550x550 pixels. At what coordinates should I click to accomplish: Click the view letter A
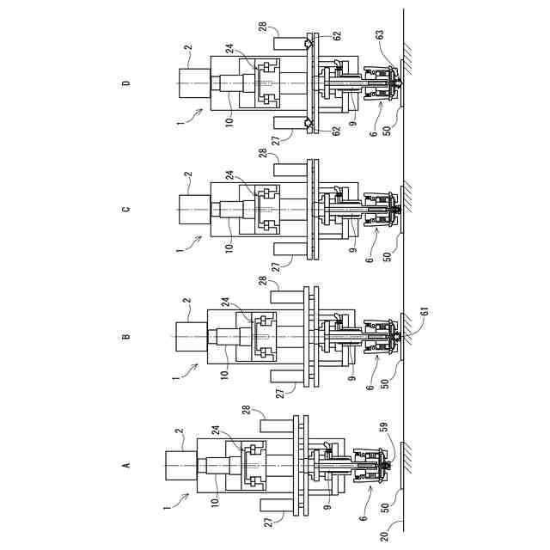pos(126,465)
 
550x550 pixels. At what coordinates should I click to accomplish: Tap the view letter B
pos(126,337)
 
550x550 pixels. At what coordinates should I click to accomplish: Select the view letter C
pos(126,210)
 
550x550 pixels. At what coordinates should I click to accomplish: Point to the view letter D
pos(126,83)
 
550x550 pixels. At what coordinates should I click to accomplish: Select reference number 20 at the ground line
pos(384,536)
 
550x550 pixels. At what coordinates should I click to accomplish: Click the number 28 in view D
pos(263,27)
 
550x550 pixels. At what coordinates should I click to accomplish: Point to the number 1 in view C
pos(179,250)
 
